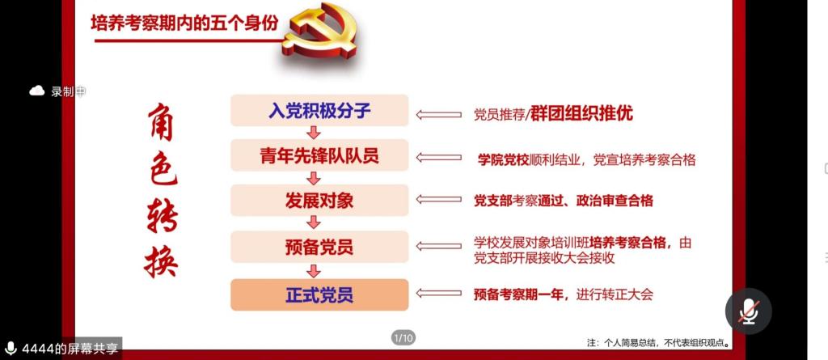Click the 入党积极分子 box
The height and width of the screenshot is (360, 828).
319,111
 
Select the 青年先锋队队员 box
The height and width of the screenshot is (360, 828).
319,155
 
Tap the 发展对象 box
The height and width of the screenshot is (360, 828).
319,201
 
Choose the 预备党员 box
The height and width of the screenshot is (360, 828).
319,247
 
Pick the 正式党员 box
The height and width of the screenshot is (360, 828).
319,294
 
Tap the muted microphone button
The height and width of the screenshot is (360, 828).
748,311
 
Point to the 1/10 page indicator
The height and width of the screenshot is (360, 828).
403,337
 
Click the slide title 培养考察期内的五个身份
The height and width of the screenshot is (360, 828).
184,23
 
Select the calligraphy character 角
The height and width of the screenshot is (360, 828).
160,122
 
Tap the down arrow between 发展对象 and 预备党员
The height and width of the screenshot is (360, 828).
314,223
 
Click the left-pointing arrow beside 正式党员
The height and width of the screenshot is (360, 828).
438,294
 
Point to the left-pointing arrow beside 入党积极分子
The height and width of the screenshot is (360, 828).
438,115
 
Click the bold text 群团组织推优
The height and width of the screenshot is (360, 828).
581,114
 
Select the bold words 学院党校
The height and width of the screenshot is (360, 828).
503,159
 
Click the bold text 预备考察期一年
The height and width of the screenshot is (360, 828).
518,294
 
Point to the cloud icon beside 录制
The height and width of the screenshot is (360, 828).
37,91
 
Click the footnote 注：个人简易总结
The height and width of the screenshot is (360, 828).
620,342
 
